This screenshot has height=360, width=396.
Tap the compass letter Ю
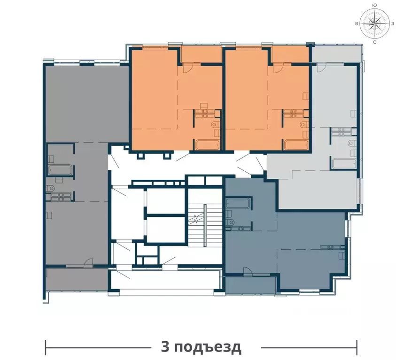375,5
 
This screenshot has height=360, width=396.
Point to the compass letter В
357,24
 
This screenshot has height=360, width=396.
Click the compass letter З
392,23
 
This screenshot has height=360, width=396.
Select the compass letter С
374,42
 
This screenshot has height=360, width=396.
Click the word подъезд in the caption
208,348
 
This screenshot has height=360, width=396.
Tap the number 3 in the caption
165,347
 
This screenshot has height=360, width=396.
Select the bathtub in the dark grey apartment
60,170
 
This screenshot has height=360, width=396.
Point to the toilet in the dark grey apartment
51,188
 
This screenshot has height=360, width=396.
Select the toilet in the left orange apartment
216,124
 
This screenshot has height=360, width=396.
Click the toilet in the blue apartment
230,222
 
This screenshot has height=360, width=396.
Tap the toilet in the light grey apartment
352,143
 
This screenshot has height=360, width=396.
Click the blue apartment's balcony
250,285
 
